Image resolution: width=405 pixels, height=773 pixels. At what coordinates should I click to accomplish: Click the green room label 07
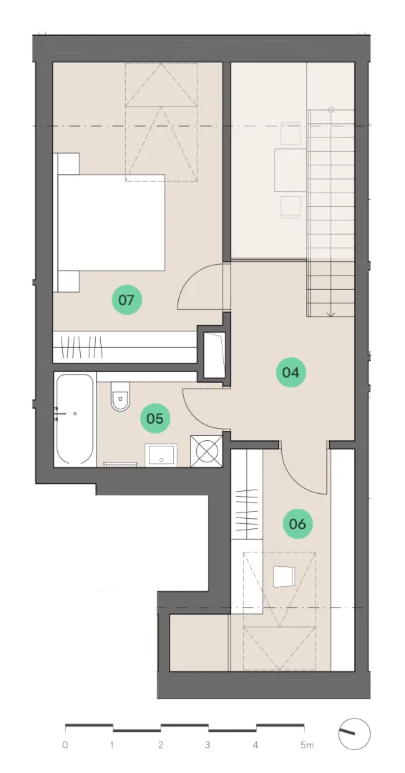coord(127,300)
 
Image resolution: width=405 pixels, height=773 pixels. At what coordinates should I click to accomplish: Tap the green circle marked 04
coord(291,372)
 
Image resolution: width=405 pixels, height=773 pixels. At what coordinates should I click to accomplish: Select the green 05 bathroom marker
coord(155,419)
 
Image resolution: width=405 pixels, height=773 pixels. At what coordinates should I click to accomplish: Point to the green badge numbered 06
coord(298,523)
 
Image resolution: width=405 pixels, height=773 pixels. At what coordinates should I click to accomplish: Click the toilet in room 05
coord(120,396)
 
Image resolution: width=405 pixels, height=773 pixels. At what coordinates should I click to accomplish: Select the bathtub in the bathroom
coord(75,419)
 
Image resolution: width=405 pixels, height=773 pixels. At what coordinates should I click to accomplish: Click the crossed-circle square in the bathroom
coord(207,451)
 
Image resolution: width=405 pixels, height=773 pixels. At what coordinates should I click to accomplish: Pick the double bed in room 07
coord(112,223)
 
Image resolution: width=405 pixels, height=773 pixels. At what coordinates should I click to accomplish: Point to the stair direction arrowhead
coord(331,313)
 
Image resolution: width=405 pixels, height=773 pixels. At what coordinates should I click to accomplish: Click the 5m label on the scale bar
coord(307,745)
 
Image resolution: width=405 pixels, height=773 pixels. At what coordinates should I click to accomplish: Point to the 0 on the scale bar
coord(65,745)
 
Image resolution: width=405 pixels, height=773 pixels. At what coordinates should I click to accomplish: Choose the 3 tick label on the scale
coord(208,745)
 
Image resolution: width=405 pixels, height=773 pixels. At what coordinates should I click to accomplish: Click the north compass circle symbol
coord(354,734)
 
